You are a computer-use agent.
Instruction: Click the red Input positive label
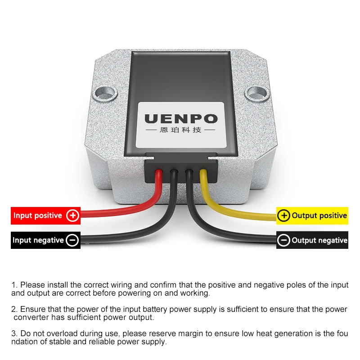(x=46, y=216)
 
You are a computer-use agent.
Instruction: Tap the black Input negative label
(x=46, y=240)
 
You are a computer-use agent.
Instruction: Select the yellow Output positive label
(x=312, y=216)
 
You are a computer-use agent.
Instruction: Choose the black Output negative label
(x=312, y=240)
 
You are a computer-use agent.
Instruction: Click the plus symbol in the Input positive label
(x=73, y=216)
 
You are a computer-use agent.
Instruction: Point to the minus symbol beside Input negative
(x=72, y=240)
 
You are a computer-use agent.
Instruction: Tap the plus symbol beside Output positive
(x=284, y=216)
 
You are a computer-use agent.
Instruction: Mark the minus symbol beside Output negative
(x=284, y=240)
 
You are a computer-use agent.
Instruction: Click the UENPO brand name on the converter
(x=181, y=119)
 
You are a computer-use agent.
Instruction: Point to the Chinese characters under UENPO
(x=181, y=130)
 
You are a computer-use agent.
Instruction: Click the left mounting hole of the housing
(x=105, y=94)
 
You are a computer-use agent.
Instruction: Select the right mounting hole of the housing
(x=257, y=94)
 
